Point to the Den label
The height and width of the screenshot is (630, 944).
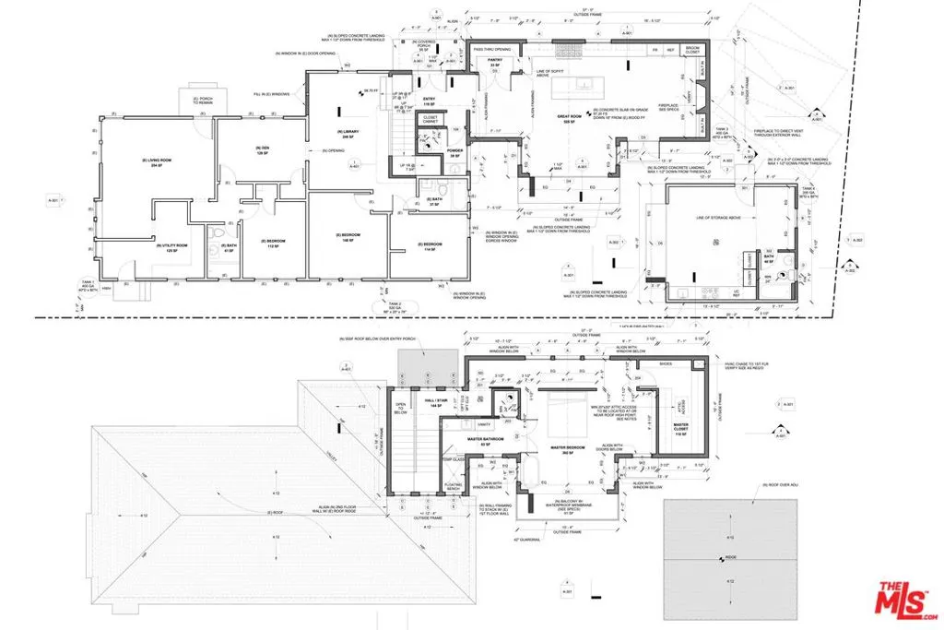click(261, 150)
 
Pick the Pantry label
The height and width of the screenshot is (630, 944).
click(494, 63)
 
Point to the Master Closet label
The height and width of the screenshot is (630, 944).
click(682, 432)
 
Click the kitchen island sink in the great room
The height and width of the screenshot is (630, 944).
click(584, 85)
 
